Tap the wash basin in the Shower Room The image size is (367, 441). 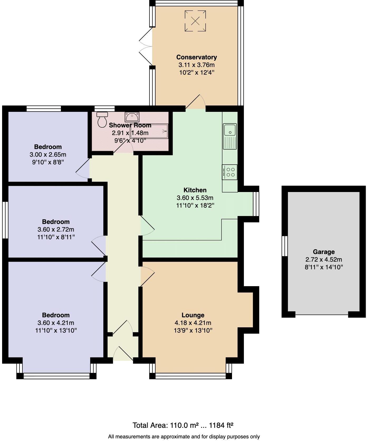(132, 116)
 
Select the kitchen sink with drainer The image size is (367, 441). (230, 136)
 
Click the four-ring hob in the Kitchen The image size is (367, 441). (230, 172)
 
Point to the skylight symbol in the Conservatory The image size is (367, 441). (195, 21)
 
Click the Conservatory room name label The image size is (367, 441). (196, 57)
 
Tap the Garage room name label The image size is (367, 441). (324, 252)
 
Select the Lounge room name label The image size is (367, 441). (193, 315)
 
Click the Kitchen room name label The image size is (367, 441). (195, 190)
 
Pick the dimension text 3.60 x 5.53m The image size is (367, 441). (195, 198)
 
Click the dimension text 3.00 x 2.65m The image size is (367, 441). (48, 155)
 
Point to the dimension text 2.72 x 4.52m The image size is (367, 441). (324, 260)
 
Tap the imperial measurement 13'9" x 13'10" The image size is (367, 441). (193, 330)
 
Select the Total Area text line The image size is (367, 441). (183, 425)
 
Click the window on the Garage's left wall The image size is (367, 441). (285, 246)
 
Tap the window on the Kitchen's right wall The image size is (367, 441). (256, 204)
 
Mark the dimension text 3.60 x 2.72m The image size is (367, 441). (56, 229)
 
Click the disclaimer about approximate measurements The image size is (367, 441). (184, 437)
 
